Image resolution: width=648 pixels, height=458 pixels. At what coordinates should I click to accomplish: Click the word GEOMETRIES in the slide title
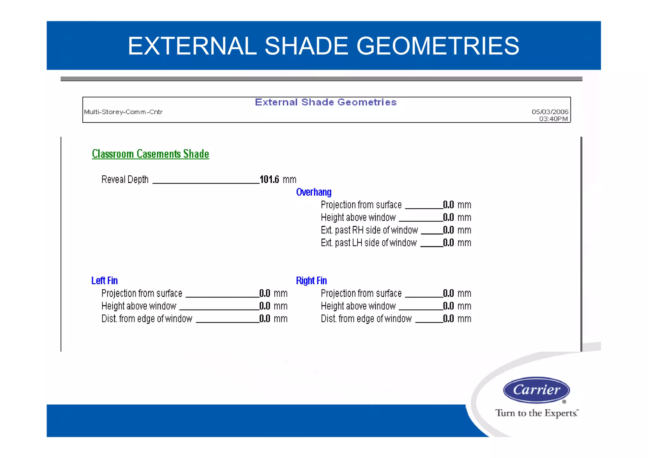coord(438,46)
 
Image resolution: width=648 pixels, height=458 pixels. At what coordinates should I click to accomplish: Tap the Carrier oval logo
coord(536,390)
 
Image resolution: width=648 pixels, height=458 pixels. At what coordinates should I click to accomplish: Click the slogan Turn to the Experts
coord(537,413)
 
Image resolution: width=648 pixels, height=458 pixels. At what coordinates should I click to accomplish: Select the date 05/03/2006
coord(550,112)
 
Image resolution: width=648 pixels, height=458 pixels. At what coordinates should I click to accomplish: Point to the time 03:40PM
coord(553,119)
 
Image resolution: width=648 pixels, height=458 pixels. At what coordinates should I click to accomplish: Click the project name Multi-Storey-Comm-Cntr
coord(123,112)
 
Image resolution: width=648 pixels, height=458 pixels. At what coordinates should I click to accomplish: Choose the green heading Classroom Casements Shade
coord(150,154)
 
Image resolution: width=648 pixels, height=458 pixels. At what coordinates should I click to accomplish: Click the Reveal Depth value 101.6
coord(269,179)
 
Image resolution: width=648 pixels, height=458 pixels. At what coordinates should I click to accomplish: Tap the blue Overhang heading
coord(314,192)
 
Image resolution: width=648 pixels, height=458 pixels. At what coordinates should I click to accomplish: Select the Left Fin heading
coord(104,280)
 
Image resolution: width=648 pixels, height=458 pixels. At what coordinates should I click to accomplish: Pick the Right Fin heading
coord(311,280)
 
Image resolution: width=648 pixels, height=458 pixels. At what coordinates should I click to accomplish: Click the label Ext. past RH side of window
coord(369,230)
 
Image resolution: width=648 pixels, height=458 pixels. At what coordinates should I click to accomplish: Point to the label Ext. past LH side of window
coord(369,243)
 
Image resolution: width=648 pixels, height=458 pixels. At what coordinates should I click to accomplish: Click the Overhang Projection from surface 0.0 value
coord(448,205)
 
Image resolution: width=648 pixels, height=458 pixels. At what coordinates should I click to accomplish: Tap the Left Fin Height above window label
coord(139,306)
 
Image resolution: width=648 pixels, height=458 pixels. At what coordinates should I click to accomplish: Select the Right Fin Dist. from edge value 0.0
coord(448,319)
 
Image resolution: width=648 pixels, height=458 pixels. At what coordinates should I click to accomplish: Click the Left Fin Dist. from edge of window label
coord(147,319)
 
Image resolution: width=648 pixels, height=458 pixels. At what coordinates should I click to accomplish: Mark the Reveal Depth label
coord(125,179)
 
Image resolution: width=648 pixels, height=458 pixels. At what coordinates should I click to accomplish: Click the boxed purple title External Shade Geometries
coord(326,102)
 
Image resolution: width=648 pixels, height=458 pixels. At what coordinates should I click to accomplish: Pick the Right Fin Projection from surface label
coord(361,293)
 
